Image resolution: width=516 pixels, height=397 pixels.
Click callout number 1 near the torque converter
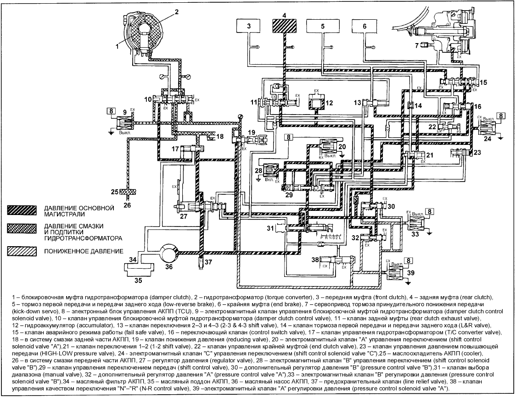pos(117,46)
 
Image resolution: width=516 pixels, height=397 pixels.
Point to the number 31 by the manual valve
pos(271,228)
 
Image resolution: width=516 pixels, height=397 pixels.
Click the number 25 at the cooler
pos(114,190)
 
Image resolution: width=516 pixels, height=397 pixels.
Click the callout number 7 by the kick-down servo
pos(416,45)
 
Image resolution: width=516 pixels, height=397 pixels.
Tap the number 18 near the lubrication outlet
pos(219,137)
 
